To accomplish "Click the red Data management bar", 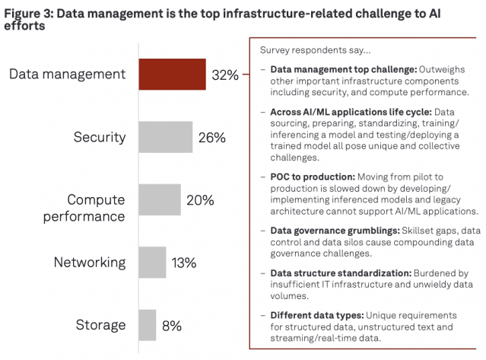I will coord(172,75).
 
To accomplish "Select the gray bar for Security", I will coord(165,137).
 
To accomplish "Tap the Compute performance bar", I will coord(159,200).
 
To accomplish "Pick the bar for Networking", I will coord(151,263).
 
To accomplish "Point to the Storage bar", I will coord(147,325).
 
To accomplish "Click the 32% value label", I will coord(225,75).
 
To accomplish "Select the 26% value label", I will coord(211,138).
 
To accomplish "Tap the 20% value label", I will coord(199,200).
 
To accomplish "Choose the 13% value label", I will coord(184,263).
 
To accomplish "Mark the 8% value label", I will coord(172,326).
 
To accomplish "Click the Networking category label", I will coord(90,263).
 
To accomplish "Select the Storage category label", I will coord(100,326).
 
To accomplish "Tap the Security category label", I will coord(100,138).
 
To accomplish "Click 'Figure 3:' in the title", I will coord(30,10).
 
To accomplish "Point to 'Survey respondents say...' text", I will coord(316,51).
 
